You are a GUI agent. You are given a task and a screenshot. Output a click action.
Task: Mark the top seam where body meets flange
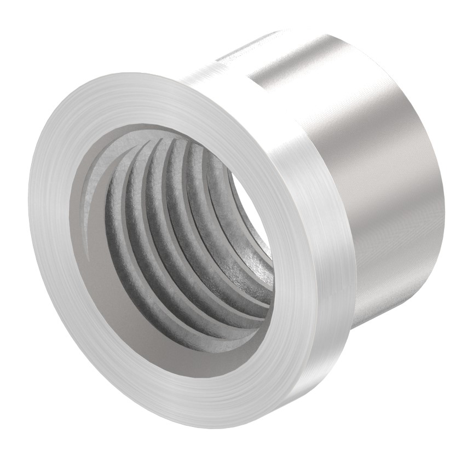(219, 60)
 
